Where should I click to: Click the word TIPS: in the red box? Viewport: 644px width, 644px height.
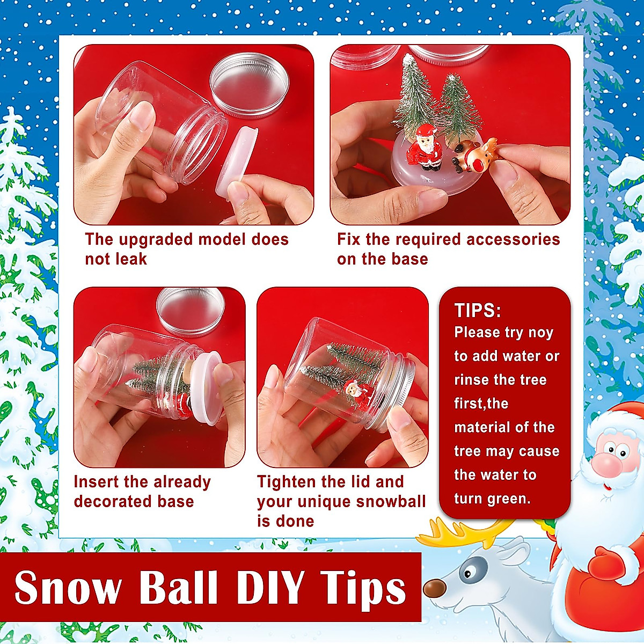tap(477, 311)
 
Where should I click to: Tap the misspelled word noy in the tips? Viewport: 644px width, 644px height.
tap(540, 333)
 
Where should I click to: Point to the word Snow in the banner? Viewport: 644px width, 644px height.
tap(68, 587)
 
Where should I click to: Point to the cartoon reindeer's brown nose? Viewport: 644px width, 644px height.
tap(434, 588)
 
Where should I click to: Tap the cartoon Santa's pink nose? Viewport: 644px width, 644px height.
tap(606, 464)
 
